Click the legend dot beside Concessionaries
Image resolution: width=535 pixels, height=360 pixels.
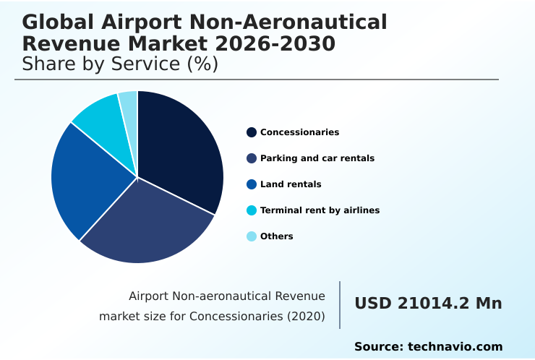252,132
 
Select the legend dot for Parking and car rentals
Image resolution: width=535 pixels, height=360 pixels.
252,158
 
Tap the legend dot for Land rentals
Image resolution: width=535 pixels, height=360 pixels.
252,184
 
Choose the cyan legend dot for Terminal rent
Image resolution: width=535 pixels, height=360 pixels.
252,210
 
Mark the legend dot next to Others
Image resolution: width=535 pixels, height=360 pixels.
252,236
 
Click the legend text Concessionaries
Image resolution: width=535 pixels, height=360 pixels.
299,132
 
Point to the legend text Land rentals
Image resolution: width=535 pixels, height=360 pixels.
291,184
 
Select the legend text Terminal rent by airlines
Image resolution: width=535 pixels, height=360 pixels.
320,210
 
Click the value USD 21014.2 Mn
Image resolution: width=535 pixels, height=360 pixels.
428,304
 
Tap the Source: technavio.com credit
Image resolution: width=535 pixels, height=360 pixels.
428,347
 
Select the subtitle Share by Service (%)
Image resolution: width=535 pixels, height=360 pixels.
120,64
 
